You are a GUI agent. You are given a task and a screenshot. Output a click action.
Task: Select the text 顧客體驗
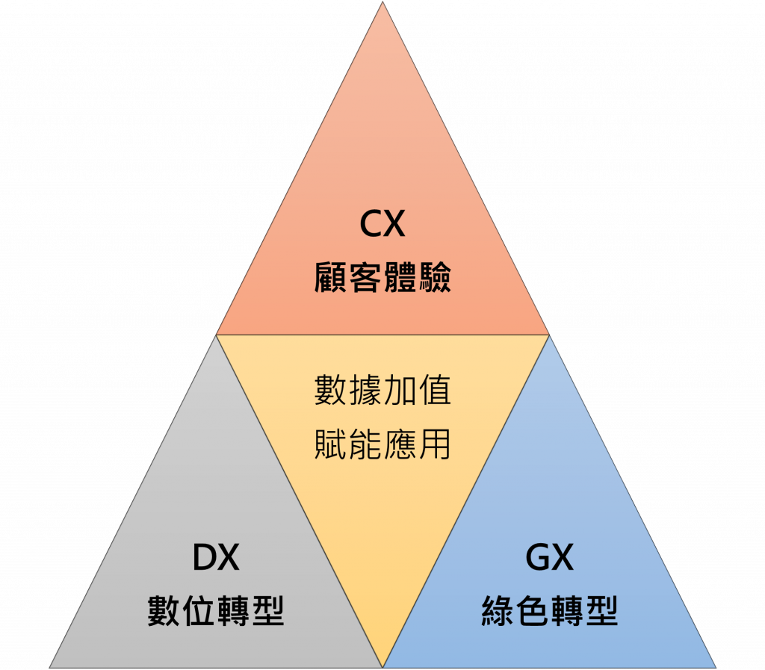(x=382, y=278)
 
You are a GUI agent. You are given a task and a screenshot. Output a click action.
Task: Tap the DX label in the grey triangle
(x=215, y=557)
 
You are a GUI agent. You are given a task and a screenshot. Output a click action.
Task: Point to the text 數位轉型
(x=215, y=611)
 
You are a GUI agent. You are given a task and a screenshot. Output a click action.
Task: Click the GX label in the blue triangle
(x=549, y=557)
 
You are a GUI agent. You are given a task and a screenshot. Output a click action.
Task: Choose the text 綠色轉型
(x=549, y=611)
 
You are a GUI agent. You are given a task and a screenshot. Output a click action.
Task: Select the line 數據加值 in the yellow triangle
(x=382, y=391)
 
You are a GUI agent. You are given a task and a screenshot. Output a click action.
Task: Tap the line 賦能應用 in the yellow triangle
(x=382, y=444)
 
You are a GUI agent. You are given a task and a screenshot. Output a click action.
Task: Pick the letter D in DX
(x=204, y=557)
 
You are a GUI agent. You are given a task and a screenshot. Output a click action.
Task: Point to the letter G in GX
(x=537, y=557)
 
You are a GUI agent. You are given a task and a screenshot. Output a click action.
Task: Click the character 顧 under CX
(x=331, y=278)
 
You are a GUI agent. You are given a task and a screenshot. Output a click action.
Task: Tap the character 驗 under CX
(x=434, y=278)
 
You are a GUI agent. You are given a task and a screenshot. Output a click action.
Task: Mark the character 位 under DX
(x=198, y=611)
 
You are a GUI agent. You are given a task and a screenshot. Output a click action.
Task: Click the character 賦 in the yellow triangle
(x=331, y=444)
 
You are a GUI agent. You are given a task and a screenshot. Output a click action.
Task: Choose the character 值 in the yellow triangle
(x=434, y=391)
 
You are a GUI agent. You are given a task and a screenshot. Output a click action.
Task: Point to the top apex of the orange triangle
(x=382, y=4)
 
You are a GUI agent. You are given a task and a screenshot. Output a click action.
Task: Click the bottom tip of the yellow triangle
(x=382, y=665)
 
